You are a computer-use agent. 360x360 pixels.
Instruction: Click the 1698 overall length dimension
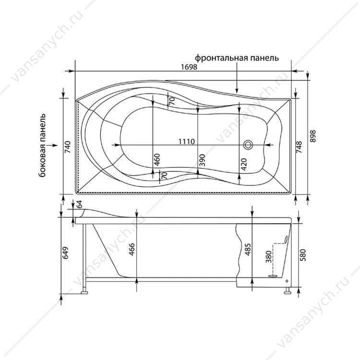pyautogui.click(x=189, y=67)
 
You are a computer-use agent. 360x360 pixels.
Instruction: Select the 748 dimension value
pyautogui.click(x=300, y=147)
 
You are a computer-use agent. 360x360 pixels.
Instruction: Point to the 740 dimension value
pyautogui.click(x=69, y=147)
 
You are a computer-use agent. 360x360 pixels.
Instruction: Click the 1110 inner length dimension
pyautogui.click(x=187, y=142)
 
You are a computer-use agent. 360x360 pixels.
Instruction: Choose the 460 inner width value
pyautogui.click(x=157, y=159)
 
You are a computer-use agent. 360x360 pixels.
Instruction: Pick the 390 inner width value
pyautogui.click(x=202, y=160)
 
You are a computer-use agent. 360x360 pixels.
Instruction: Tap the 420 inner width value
pyautogui.click(x=243, y=164)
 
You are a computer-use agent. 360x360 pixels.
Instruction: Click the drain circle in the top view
pyautogui.click(x=248, y=145)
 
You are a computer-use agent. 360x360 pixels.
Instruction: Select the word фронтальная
pyautogui.click(x=221, y=58)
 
